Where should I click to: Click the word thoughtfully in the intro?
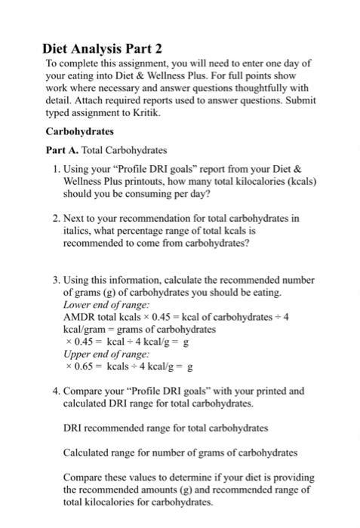[255, 87]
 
